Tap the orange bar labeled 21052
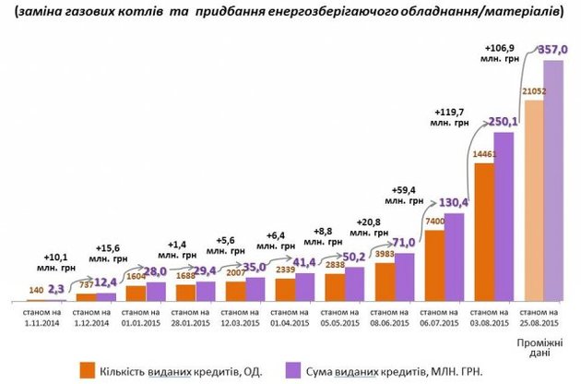tap(532, 203)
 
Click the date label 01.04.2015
tap(291, 323)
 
